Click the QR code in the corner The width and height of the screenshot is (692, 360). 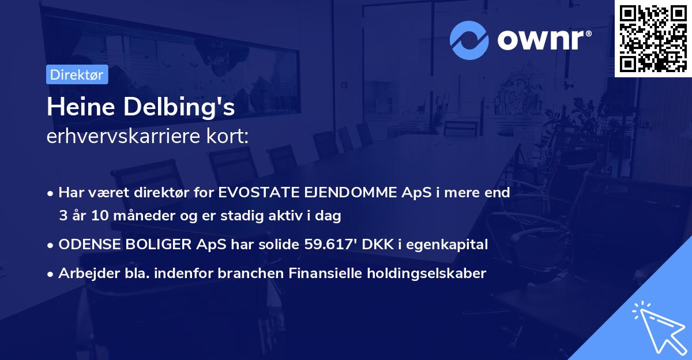click(653, 38)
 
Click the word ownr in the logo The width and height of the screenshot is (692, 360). click(541, 39)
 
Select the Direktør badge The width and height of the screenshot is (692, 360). click(77, 74)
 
